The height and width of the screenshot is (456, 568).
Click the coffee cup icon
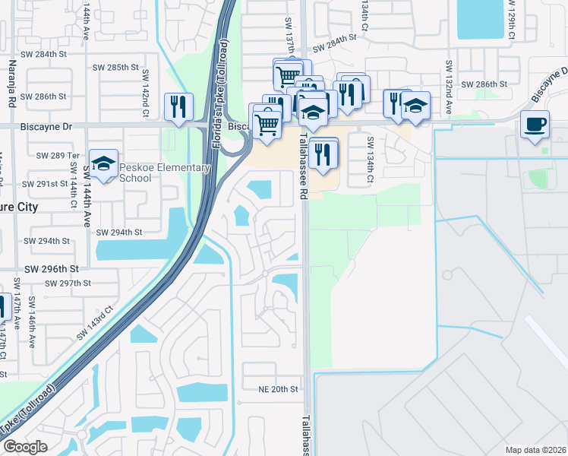(535, 123)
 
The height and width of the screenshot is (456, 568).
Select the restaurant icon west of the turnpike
(178, 107)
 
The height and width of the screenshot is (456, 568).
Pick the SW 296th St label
(51, 269)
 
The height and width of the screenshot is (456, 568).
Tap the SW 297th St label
(68, 283)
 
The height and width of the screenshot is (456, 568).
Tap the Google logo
(26, 447)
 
